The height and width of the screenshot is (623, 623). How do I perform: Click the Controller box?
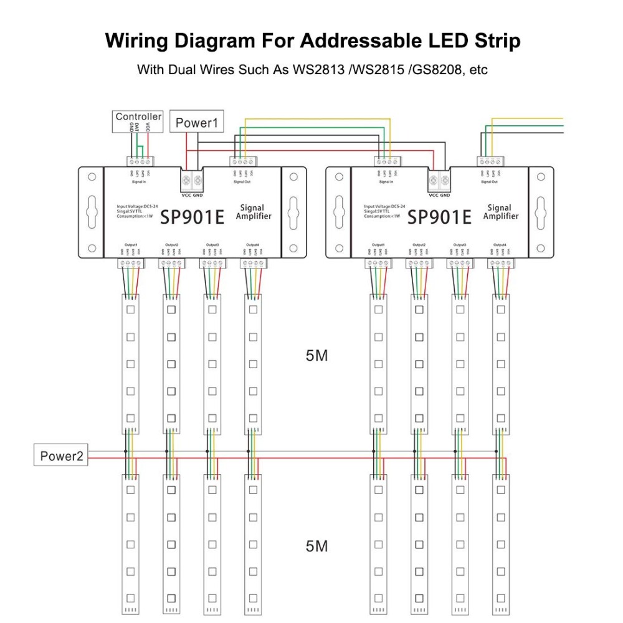click(x=138, y=117)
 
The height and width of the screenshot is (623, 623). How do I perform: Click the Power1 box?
click(x=196, y=122)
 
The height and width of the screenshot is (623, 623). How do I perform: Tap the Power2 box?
click(x=61, y=455)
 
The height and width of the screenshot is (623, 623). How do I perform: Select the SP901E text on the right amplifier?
click(x=439, y=217)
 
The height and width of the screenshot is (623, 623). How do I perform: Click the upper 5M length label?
click(x=316, y=356)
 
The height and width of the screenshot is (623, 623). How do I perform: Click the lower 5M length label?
click(x=316, y=546)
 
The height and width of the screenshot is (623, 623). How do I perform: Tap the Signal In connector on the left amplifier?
click(x=141, y=161)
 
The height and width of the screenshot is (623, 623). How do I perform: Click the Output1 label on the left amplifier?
click(x=130, y=245)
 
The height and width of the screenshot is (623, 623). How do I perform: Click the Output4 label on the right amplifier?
click(x=500, y=245)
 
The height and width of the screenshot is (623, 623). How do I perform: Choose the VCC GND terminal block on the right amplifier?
click(x=440, y=181)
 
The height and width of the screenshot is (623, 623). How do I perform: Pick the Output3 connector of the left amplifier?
click(x=212, y=264)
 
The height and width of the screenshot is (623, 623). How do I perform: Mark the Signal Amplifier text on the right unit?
click(x=500, y=212)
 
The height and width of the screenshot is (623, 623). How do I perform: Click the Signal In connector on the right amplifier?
click(x=386, y=161)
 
